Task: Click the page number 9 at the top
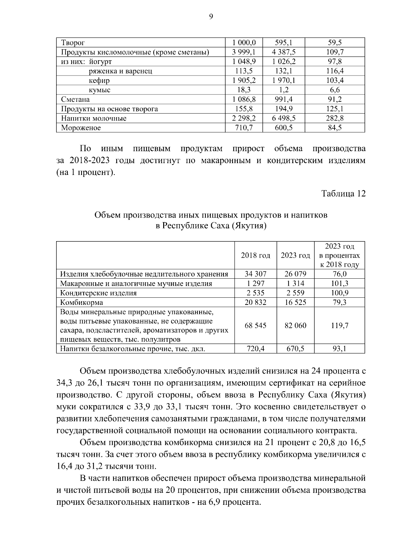tap(211, 17)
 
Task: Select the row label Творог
tap(73, 43)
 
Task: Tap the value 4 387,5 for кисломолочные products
tap(284, 52)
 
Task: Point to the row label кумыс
tap(99, 90)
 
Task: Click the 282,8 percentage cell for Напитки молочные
tap(335, 118)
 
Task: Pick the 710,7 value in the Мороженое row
tap(244, 128)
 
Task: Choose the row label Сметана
tap(76, 99)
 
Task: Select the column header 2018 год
tap(255, 255)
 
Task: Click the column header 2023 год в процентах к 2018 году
tap(339, 255)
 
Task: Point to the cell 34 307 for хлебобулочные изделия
tap(255, 274)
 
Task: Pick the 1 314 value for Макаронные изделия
tap(295, 284)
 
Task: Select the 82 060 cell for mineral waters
tap(295, 326)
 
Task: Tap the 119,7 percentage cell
tap(339, 326)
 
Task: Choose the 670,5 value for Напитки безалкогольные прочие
tap(295, 349)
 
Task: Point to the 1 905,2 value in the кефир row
tap(244, 80)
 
